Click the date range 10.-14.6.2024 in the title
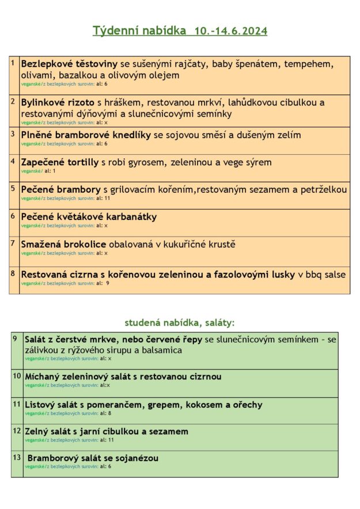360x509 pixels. (231, 31)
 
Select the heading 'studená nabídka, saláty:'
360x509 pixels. (180, 322)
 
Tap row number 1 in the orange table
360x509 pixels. (13, 62)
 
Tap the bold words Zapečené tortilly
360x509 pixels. (60, 162)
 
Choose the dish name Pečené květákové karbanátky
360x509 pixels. (89, 217)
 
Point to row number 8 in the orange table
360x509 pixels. (13, 272)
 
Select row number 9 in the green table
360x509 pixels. (16, 338)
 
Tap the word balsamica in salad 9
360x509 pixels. (161, 350)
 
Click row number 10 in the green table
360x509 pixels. (17, 375)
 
